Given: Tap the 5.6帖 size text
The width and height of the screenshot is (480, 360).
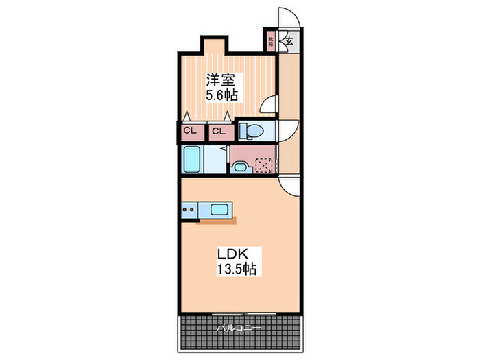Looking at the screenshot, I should pos(222,97).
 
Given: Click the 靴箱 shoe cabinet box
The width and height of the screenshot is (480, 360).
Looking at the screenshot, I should pos(272,41).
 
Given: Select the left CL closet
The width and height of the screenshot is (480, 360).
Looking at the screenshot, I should pos(189,131).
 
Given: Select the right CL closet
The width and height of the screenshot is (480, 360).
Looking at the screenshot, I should pos(218,131).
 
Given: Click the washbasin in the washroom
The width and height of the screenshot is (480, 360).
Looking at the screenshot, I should pos(241,166).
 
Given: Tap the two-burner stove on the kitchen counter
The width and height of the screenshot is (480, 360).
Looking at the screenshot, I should pos(190,209).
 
